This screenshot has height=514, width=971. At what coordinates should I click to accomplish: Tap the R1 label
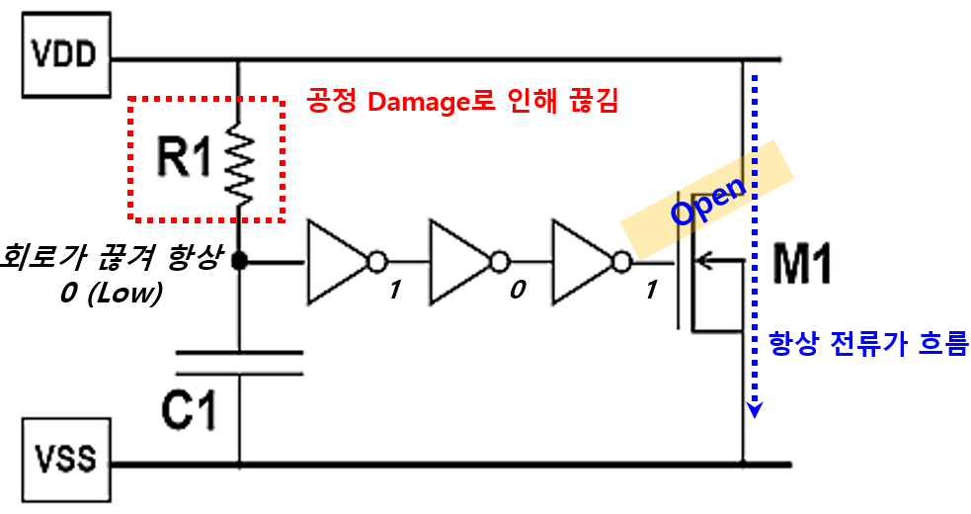point(184,158)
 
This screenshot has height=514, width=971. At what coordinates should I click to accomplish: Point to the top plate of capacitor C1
point(239,352)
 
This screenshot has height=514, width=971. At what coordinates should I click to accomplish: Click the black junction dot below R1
point(239,262)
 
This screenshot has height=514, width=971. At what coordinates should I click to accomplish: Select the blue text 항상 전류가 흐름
point(867,344)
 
